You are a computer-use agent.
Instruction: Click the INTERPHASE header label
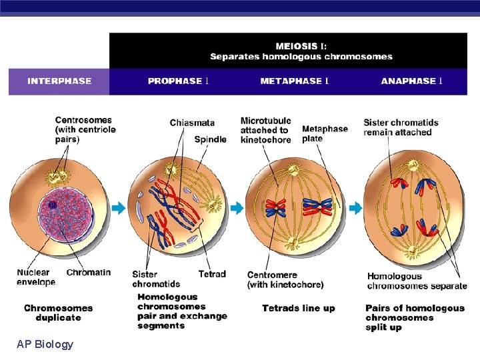coord(59,81)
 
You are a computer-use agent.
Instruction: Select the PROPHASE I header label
coord(179,81)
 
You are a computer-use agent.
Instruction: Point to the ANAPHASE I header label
coord(412,81)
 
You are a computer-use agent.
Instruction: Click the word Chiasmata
coord(192,123)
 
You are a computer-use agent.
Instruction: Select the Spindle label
coord(210,139)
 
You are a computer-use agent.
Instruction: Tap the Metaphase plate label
coord(325,133)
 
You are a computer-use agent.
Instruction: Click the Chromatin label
coord(89,273)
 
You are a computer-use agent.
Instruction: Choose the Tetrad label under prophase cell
coord(212,274)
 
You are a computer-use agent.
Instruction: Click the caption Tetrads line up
coord(298,308)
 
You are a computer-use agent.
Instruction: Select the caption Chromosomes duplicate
coord(58,313)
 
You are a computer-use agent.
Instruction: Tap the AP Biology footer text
coord(45,344)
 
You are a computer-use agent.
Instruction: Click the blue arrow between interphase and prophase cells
coord(119,209)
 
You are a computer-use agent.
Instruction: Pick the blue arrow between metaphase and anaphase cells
coord(355,209)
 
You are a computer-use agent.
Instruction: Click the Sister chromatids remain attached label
coord(401,127)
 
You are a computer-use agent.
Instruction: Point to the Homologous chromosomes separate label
coord(417,281)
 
